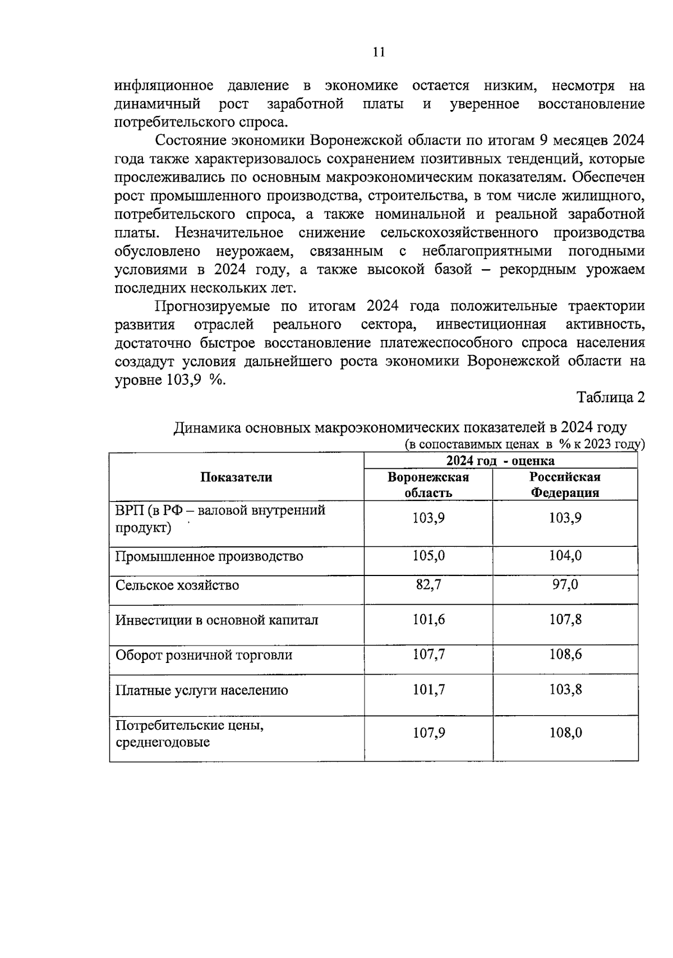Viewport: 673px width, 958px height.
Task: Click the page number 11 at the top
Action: [379, 52]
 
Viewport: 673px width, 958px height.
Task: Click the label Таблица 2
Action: [611, 398]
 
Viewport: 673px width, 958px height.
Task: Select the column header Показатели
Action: [236, 477]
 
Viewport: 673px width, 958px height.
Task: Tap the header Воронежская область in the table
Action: [428, 485]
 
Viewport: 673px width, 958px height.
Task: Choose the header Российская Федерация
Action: [565, 485]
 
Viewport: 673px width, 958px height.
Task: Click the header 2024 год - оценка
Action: [500, 461]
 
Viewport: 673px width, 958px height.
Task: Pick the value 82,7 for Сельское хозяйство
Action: [428, 584]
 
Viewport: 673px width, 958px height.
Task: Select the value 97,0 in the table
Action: [565, 584]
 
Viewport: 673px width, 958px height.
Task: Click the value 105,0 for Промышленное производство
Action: [428, 556]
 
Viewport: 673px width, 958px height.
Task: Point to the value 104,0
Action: [565, 556]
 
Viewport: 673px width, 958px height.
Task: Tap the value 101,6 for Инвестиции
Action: [428, 619]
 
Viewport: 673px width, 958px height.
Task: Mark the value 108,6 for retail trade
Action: [565, 654]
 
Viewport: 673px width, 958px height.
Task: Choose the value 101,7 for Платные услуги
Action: [428, 689]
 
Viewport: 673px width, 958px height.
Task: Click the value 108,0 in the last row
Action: [565, 733]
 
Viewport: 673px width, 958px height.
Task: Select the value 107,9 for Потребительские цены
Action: [428, 733]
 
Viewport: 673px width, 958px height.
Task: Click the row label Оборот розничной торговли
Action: [204, 655]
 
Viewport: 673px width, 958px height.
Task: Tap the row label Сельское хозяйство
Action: [177, 586]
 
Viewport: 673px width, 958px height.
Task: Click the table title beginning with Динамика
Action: [399, 427]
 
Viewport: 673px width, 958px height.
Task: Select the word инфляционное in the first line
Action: [164, 86]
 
